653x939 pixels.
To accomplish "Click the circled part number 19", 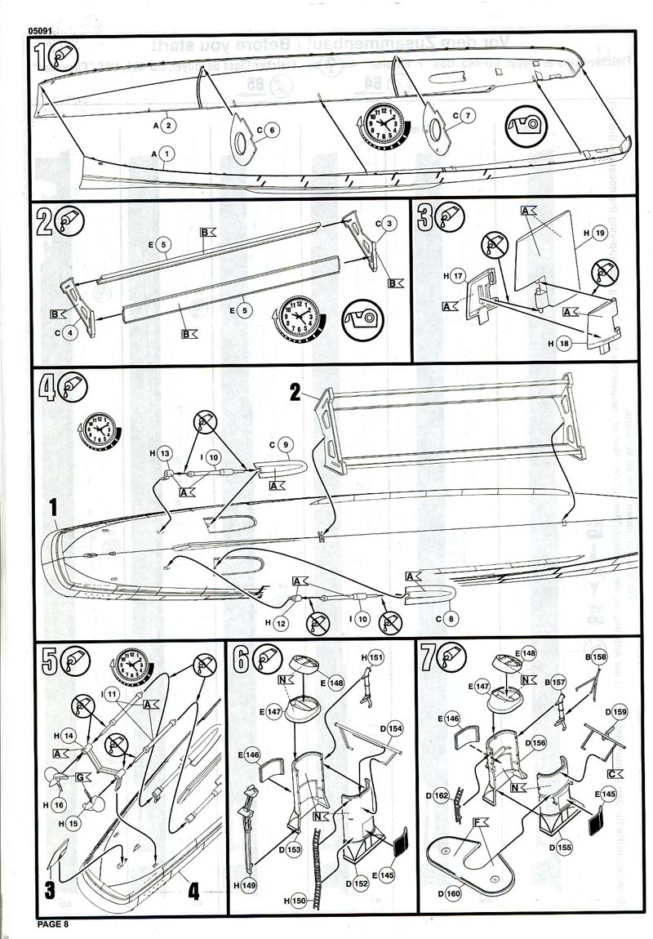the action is pos(601,233).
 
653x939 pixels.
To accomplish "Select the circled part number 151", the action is pos(375,657).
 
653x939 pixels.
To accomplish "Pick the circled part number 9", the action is pos(286,446).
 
